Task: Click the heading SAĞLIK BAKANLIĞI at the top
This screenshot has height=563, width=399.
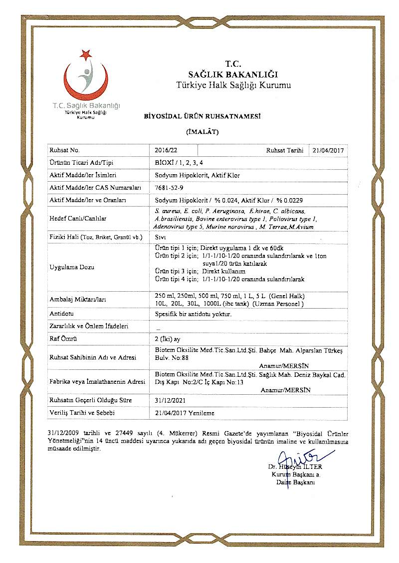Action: [233, 74]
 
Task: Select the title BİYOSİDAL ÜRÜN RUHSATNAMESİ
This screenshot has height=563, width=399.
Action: [202, 116]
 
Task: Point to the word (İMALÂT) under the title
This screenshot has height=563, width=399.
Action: [202, 132]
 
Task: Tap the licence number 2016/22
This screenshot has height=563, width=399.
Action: [166, 150]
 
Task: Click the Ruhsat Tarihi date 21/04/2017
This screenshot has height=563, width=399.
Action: [329, 150]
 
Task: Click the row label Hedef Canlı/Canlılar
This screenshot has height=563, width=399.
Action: [75, 218]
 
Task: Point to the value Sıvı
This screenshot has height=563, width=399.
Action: [160, 237]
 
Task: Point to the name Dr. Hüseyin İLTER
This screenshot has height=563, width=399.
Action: [295, 467]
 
